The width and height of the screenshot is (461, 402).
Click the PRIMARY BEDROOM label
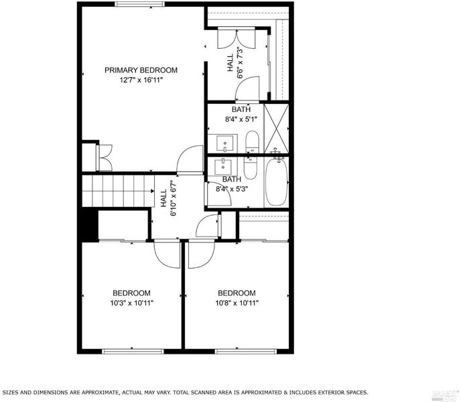coord(141,70)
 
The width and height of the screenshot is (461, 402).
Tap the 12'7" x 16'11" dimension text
coord(141,80)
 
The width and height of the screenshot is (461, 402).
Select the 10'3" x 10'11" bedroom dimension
coord(132,303)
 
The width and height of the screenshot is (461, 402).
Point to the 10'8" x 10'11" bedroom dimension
coord(237,303)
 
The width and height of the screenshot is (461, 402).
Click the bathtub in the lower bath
coord(276,182)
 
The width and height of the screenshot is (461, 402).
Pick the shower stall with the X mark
coord(276,129)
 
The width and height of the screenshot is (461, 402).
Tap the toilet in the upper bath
coord(252,142)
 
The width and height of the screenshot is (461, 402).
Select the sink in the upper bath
coord(225,143)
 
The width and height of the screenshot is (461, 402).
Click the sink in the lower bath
coord(223,166)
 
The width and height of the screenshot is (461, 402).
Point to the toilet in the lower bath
coord(251,168)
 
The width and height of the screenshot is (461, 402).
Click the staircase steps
coord(118,191)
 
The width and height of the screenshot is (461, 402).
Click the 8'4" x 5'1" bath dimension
coord(241,119)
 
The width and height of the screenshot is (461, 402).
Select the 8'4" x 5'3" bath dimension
coord(232,189)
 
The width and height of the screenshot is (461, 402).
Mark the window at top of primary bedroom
coord(139,4)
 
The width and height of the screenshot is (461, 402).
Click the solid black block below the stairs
coord(89,224)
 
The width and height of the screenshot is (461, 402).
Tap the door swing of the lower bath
coord(219,194)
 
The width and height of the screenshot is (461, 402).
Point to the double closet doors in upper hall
coord(236,38)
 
